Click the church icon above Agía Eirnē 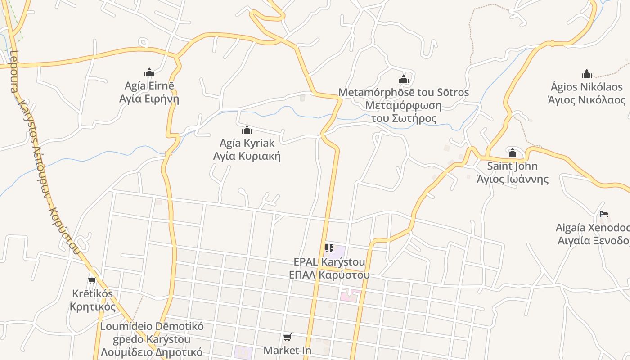pyautogui.click(x=149, y=72)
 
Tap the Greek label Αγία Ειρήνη pyautogui.click(x=149, y=99)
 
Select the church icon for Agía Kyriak pyautogui.click(x=247, y=130)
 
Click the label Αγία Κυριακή pyautogui.click(x=247, y=156)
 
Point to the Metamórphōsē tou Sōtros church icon pyautogui.click(x=404, y=80)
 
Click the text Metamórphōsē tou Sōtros pyautogui.click(x=404, y=93)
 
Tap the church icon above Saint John pyautogui.click(x=513, y=153)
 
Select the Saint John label pyautogui.click(x=513, y=166)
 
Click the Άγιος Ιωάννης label pyautogui.click(x=513, y=179)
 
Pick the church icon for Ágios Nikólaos pyautogui.click(x=587, y=74)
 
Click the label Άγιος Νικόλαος pyautogui.click(x=587, y=99)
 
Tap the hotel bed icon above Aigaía pyautogui.click(x=604, y=214)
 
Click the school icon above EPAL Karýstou pyautogui.click(x=329, y=248)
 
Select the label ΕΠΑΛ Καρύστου pyautogui.click(x=329, y=274)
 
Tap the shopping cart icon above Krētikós pyautogui.click(x=92, y=281)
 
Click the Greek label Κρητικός pyautogui.click(x=93, y=307)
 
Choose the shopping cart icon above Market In pyautogui.click(x=287, y=337)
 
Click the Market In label pyautogui.click(x=287, y=350)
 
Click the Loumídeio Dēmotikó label pyautogui.click(x=152, y=326)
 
